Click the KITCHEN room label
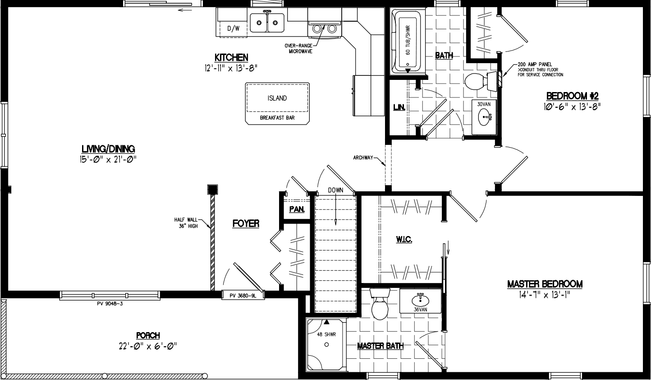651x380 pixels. click(231, 57)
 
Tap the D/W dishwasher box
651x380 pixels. click(233, 29)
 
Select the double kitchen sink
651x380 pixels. click(267, 23)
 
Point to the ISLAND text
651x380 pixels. click(277, 98)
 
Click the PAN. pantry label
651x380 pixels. click(297, 209)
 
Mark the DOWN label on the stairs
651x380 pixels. click(335, 190)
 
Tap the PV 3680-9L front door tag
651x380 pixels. click(243, 296)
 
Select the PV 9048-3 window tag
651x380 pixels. click(110, 303)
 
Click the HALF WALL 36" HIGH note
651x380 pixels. click(186, 223)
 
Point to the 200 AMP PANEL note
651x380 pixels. click(535, 65)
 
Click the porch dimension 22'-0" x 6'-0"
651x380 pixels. click(147, 346)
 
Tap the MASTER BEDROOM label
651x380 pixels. click(545, 284)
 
